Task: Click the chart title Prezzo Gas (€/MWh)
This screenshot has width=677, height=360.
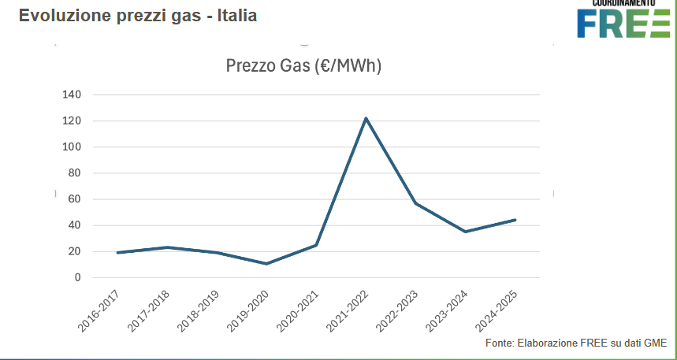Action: pos(303,66)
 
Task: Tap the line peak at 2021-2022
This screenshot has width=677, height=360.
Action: pos(366,118)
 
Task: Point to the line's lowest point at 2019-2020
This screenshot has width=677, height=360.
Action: pos(266,263)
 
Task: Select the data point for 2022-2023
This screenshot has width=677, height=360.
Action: pos(415,203)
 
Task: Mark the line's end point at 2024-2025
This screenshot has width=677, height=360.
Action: pos(515,220)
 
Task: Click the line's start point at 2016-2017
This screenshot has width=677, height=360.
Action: pos(117,253)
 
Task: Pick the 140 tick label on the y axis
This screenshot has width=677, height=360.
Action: pos(71,95)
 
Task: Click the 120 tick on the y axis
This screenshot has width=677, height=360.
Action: pos(71,121)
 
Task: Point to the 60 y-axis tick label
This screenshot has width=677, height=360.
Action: pos(74,199)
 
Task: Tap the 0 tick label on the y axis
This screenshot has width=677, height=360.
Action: pos(77,277)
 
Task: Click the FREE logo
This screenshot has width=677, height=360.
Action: pos(623,21)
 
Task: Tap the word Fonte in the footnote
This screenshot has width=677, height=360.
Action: pos(499,343)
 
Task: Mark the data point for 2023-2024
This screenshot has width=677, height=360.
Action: pos(465,232)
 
